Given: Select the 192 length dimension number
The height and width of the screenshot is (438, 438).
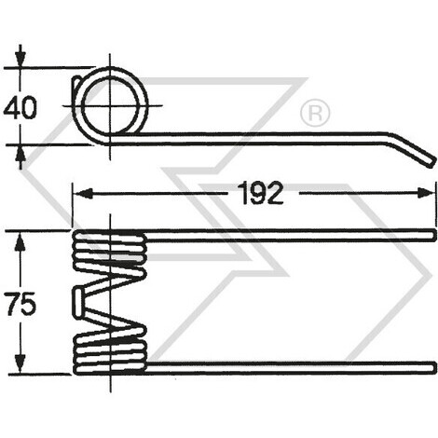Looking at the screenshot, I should (260, 193).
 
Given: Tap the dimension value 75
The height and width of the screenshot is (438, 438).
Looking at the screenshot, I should (21, 304).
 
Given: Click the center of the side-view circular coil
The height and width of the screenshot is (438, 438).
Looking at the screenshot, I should (112, 104).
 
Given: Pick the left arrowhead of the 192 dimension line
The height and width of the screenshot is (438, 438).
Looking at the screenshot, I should (80, 194).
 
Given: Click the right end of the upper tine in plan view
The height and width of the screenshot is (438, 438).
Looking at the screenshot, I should (432, 232).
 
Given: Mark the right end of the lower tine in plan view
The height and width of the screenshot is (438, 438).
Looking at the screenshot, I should (432, 364).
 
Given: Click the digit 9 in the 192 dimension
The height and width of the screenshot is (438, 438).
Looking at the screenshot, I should (260, 193).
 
